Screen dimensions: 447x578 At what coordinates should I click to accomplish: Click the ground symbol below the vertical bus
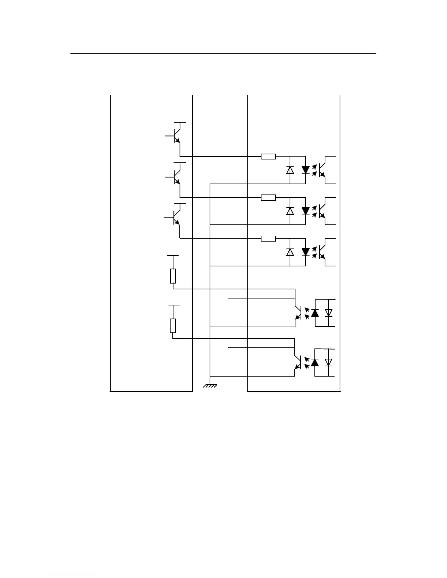210,385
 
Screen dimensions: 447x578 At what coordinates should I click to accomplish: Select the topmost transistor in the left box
176,135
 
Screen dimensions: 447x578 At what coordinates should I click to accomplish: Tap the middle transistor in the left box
176,177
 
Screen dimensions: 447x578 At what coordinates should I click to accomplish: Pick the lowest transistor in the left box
175,217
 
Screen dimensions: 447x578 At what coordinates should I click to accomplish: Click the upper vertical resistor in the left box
173,276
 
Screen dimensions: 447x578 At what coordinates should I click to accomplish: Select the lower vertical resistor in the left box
173,325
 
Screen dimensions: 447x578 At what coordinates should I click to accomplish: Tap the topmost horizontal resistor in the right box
268,157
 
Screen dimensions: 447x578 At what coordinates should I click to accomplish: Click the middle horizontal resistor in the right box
268,197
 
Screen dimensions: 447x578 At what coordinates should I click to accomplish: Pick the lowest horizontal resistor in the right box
268,239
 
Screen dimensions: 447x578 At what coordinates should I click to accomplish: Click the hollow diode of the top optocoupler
290,170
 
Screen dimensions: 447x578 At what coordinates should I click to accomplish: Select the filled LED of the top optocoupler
306,170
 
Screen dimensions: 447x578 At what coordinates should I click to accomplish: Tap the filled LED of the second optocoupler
306,211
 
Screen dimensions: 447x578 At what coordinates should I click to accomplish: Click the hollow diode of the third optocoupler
290,252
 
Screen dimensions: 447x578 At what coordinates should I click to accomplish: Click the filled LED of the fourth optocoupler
315,313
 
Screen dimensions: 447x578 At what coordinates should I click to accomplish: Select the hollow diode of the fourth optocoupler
329,313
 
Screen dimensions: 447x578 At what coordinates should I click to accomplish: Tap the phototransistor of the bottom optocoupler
298,362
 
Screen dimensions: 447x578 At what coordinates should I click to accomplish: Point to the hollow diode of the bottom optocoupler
329,362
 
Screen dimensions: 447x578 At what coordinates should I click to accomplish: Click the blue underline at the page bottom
72,575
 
